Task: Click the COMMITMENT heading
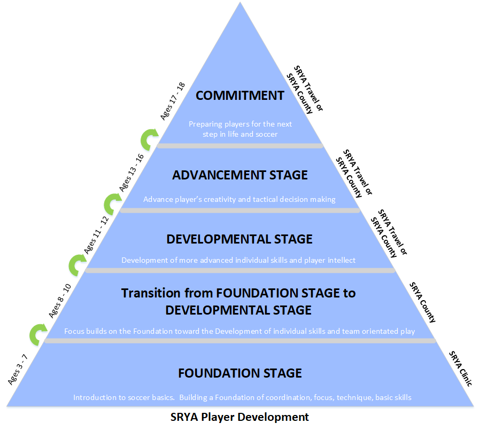point(240,96)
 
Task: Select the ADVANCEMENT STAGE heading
point(240,175)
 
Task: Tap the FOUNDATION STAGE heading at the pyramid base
point(240,373)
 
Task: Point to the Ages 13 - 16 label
point(131,173)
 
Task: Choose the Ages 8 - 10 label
point(60,301)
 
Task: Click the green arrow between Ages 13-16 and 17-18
point(149,139)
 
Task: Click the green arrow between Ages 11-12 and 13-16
point(113,203)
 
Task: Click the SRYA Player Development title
point(239,417)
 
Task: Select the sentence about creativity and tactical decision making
point(239,199)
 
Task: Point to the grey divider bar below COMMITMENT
point(240,146)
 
